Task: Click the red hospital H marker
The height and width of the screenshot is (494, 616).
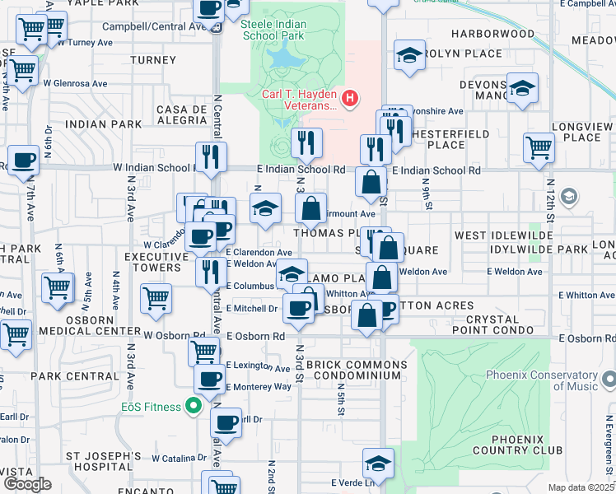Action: [x=351, y=100]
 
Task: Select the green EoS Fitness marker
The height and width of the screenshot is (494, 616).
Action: [x=194, y=405]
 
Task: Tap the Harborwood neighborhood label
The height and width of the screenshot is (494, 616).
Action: [x=493, y=35]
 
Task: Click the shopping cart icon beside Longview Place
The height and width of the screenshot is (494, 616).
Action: [x=539, y=148]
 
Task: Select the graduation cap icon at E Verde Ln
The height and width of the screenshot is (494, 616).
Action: [x=379, y=464]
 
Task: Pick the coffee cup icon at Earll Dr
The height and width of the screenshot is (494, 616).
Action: [x=226, y=423]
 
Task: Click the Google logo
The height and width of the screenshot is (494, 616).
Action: [x=26, y=484]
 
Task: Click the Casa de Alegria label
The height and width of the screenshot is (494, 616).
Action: [x=180, y=114]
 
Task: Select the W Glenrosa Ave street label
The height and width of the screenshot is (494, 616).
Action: [x=75, y=83]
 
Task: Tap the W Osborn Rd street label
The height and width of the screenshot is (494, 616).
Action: [x=175, y=336]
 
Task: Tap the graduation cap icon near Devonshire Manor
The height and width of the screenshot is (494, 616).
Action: [x=522, y=89]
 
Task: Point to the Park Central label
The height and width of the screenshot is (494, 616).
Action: [x=74, y=376]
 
